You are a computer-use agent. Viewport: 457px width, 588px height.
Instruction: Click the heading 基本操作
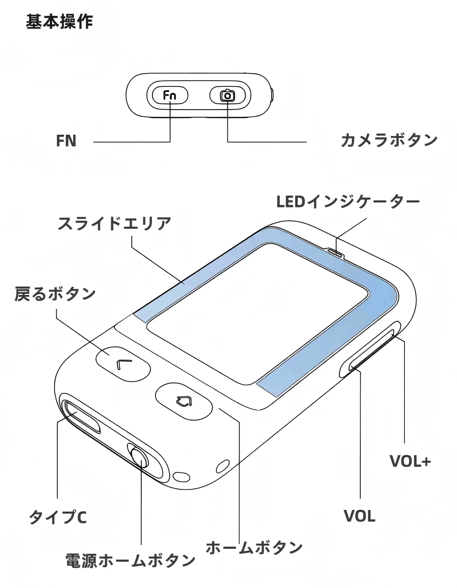point(59,22)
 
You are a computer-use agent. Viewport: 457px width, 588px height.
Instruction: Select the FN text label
point(66,141)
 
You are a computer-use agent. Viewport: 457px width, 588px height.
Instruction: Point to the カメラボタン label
point(389,140)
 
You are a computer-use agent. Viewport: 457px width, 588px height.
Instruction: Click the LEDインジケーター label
point(347,202)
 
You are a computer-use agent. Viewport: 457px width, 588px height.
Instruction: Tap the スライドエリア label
point(114,223)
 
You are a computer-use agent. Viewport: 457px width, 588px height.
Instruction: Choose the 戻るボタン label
point(55,294)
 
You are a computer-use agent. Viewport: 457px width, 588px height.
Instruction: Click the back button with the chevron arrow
point(123,363)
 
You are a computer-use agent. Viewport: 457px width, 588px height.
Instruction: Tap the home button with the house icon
point(184,402)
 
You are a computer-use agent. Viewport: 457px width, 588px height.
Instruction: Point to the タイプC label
point(58,517)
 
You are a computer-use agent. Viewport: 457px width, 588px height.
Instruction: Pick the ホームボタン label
point(254,547)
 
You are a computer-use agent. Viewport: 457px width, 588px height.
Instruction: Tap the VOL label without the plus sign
point(359,516)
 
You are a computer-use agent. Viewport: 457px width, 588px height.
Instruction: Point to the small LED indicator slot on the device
point(336,251)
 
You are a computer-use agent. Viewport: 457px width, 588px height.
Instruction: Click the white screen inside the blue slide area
point(259,312)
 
